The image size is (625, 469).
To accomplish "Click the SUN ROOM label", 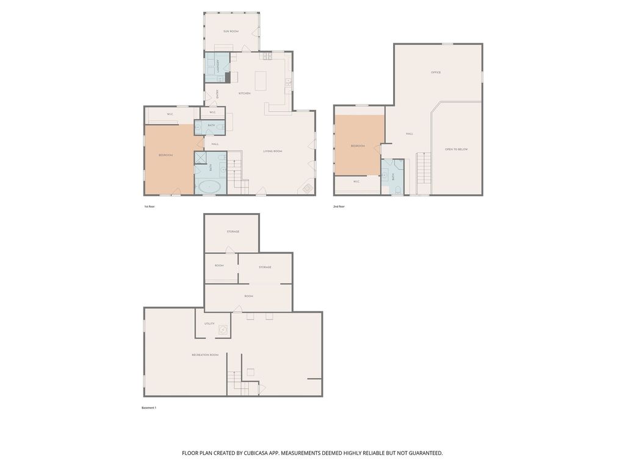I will pyautogui.click(x=231, y=31).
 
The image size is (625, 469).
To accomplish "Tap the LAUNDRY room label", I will pyautogui.click(x=217, y=66).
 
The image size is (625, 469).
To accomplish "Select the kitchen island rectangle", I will pyautogui.click(x=261, y=81).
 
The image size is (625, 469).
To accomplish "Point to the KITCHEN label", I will pyautogui.click(x=244, y=93).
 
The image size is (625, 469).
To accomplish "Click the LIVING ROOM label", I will pyautogui.click(x=272, y=151).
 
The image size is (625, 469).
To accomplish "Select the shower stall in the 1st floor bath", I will pyautogui.click(x=201, y=158).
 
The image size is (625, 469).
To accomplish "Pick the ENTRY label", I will pyautogui.click(x=217, y=93).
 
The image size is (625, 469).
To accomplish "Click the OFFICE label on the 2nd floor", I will pyautogui.click(x=435, y=73).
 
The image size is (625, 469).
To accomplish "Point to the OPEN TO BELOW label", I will pyautogui.click(x=456, y=149).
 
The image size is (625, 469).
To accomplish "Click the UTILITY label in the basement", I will pyautogui.click(x=209, y=324).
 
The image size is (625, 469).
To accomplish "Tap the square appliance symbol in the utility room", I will pyautogui.click(x=223, y=330).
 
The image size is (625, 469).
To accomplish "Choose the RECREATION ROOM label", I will pyautogui.click(x=204, y=355).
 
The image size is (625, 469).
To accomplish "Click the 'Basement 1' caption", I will pyautogui.click(x=149, y=407).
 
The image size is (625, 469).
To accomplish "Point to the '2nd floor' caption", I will pyautogui.click(x=339, y=206).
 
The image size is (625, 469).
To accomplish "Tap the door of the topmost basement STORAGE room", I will pyautogui.click(x=228, y=250).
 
